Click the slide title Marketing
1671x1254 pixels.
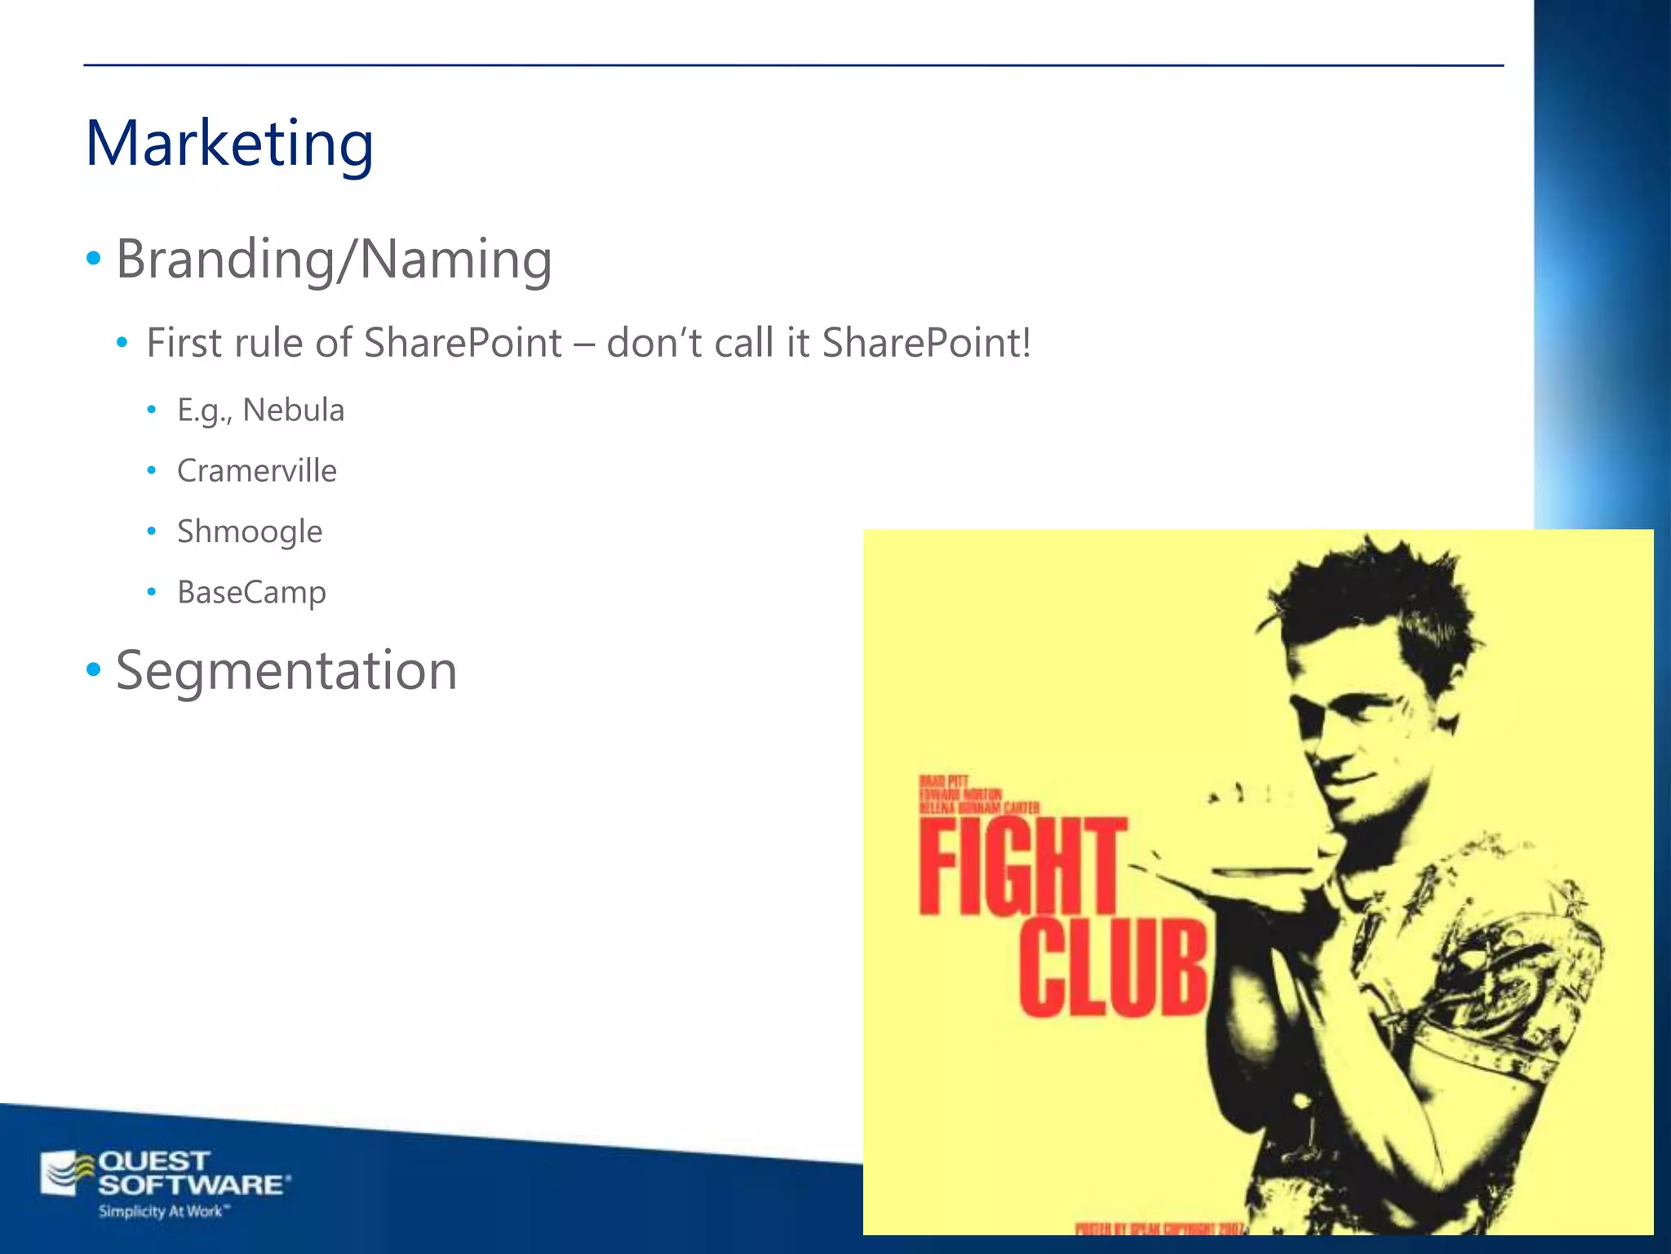229,144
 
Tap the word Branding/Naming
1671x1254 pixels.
334,260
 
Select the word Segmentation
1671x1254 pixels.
286,671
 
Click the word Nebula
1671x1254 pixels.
294,410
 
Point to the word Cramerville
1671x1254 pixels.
257,471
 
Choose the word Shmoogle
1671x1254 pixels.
250,531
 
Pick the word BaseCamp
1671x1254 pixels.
251,592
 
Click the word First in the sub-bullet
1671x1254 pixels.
184,343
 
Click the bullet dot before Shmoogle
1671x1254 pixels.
151,531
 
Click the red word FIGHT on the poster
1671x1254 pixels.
1022,867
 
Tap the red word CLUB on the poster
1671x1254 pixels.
1113,968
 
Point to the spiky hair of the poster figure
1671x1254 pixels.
1371,588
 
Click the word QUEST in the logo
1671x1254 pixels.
153,1161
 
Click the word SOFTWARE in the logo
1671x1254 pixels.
193,1185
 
